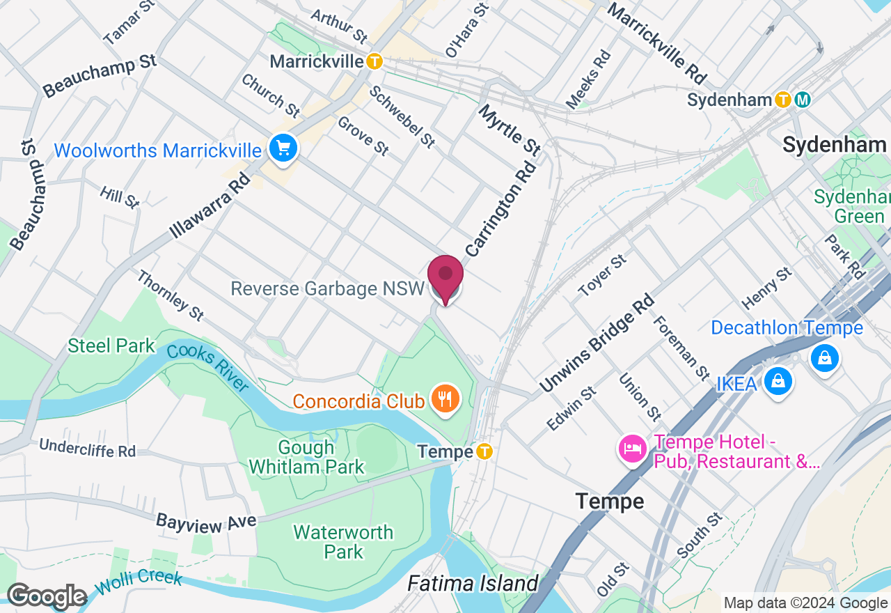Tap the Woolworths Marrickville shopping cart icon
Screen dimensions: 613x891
[283, 148]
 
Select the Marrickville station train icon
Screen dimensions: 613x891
[374, 61]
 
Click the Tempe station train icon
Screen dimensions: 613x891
[484, 452]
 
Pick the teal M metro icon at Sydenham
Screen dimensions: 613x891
[803, 100]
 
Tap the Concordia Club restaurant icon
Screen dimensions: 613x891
[443, 399]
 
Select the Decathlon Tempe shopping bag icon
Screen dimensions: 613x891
[824, 358]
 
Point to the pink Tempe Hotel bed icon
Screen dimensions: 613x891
[631, 448]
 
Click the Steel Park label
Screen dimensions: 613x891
[111, 346]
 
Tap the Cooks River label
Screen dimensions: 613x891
[207, 366]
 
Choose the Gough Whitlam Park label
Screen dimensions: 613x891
[306, 457]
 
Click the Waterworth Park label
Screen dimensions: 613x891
[343, 542]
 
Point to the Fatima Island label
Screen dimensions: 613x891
[473, 583]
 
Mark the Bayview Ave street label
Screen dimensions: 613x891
[196, 521]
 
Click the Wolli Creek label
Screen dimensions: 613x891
[139, 580]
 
